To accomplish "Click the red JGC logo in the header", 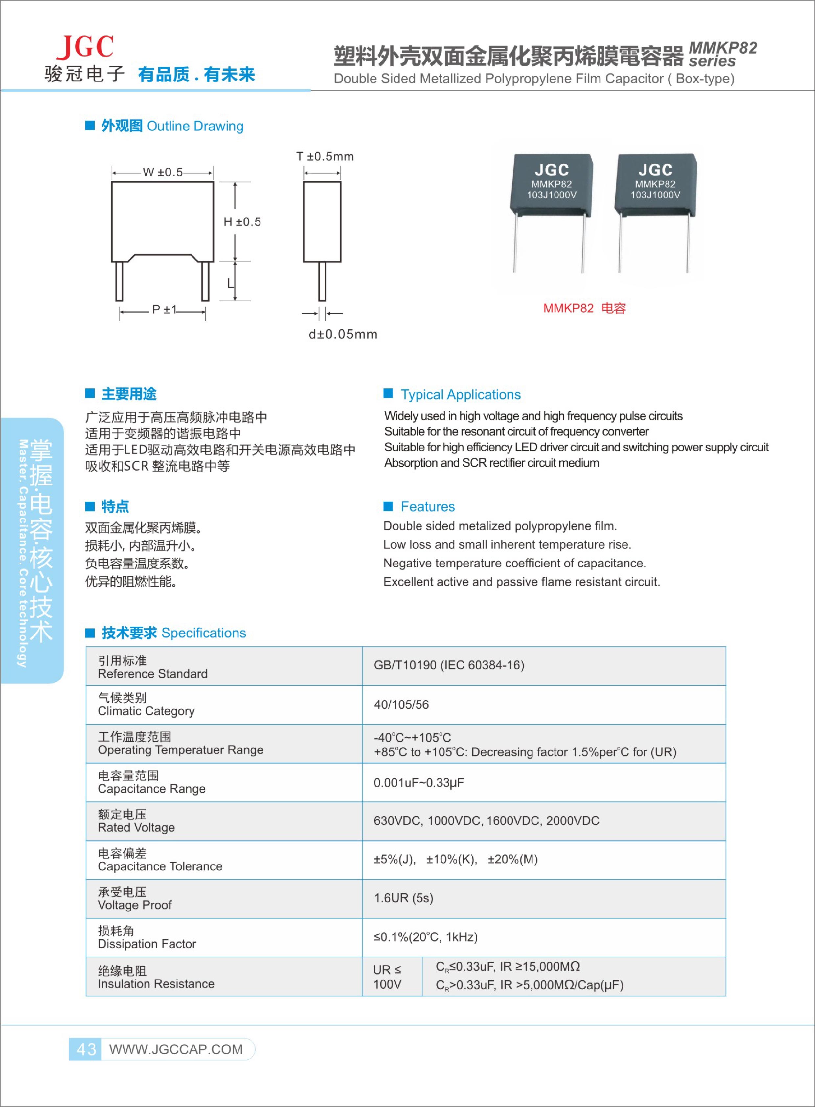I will [85, 47].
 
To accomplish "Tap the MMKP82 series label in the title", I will [722, 54].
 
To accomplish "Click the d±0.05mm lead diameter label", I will [343, 334].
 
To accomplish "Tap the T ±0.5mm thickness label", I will [325, 157].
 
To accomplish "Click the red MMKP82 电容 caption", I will [584, 309].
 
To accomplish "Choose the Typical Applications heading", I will [460, 395].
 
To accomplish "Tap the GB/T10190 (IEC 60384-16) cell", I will [449, 665].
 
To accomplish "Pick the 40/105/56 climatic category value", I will [401, 705].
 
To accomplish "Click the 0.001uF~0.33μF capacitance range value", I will [419, 783].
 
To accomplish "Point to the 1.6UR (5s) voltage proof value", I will [403, 898].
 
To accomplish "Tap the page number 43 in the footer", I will [86, 1049].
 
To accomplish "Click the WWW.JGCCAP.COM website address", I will [176, 1049].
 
